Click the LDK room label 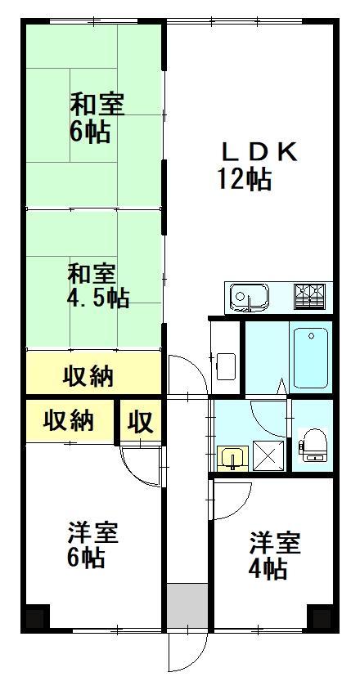pyautogui.click(x=259, y=152)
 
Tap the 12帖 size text pyautogui.click(x=245, y=179)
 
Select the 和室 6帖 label pyautogui.click(x=97, y=119)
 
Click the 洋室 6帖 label pyautogui.click(x=92, y=545)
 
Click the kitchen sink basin pyautogui.click(x=250, y=297)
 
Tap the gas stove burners pyautogui.click(x=309, y=297)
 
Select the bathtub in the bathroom pyautogui.click(x=311, y=358)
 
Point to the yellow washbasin pyautogui.click(x=233, y=459)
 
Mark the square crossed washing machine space pyautogui.click(x=268, y=455)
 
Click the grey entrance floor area pyautogui.click(x=187, y=606)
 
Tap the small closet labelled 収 pyautogui.click(x=141, y=421)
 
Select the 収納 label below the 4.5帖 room pyautogui.click(x=88, y=376)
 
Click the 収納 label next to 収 pyautogui.click(x=69, y=420)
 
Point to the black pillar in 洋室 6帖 pyautogui.click(x=37, y=617)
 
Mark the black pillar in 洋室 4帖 pyautogui.click(x=321, y=617)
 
